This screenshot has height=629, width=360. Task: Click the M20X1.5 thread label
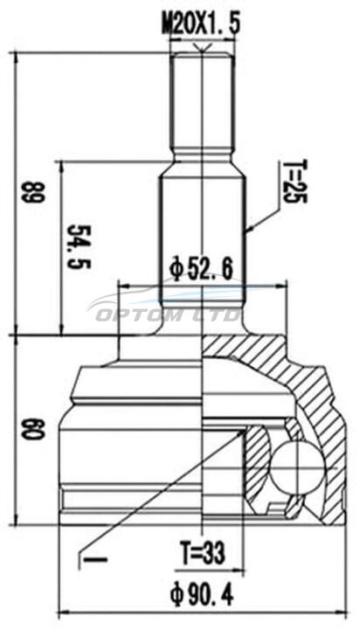click(201, 24)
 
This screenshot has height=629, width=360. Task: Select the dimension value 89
click(33, 192)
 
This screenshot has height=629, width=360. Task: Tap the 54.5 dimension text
click(80, 246)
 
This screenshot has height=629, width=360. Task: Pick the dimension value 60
click(33, 429)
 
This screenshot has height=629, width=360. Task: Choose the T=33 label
click(203, 553)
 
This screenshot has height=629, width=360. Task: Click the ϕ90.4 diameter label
click(202, 595)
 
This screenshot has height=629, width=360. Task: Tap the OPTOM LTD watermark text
click(169, 315)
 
